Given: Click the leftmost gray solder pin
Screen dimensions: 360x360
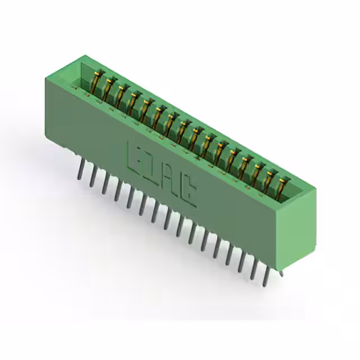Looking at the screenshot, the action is click(x=80, y=169).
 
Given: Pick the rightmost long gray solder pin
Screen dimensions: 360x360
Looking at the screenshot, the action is click(x=266, y=277).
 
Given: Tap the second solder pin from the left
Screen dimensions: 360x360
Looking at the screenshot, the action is click(x=93, y=176).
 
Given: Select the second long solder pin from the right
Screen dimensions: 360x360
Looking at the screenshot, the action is click(x=254, y=270).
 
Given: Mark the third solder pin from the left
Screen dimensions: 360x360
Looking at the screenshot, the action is click(x=105, y=184).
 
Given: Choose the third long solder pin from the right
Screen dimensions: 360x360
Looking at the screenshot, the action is click(x=241, y=263).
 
